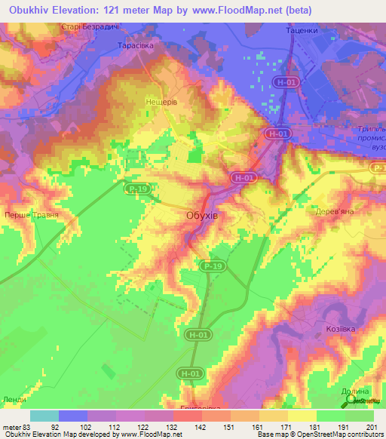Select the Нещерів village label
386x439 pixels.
pyautogui.click(x=161, y=99)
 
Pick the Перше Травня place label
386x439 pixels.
pyautogui.click(x=32, y=215)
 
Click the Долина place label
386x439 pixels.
pyautogui.click(x=355, y=391)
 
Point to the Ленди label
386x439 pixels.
pyautogui.click(x=14, y=399)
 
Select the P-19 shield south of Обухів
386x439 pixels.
pyautogui.click(x=213, y=266)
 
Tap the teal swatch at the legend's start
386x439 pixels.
pyautogui.click(x=44, y=416)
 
